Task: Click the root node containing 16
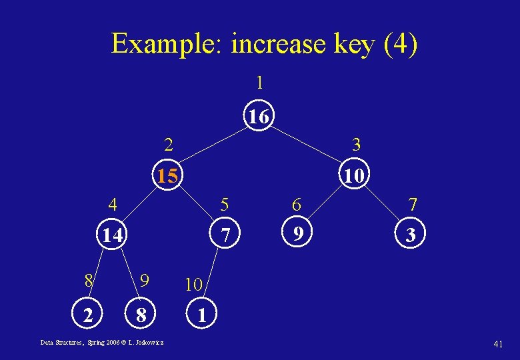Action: tap(259, 117)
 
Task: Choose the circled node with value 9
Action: tap(299, 234)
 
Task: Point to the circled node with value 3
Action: tap(411, 235)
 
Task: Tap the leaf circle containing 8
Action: tap(141, 314)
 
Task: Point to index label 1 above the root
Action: tap(259, 83)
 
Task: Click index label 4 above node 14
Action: tap(114, 203)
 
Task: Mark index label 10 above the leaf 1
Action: tap(193, 285)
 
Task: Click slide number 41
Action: tap(497, 343)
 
